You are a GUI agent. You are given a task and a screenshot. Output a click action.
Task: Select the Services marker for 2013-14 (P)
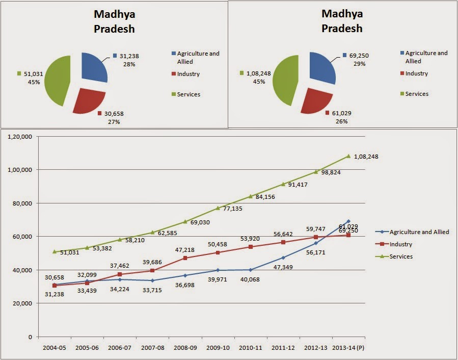pos(349,156)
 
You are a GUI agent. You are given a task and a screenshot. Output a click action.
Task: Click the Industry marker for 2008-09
pos(185,258)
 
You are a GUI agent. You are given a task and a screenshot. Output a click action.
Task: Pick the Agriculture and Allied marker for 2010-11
pos(251,270)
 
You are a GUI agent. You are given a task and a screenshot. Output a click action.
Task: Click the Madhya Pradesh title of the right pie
pos(342,20)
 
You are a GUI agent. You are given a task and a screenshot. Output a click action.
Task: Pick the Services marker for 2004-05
pos(55,251)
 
